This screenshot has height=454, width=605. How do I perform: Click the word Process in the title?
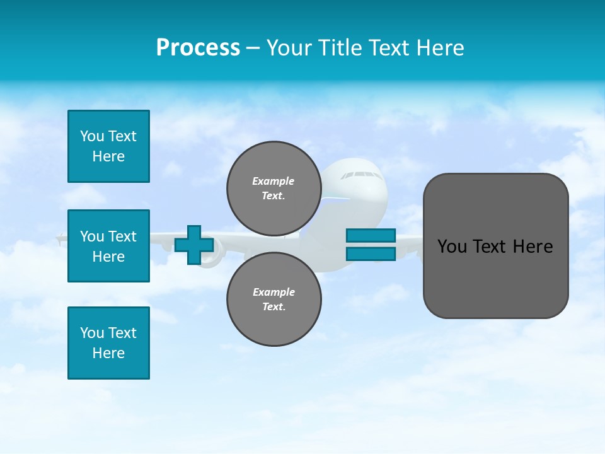198,48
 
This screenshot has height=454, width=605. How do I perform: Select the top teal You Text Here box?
108,146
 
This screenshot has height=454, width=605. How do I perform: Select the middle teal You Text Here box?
108,246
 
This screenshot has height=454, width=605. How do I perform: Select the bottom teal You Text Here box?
108,343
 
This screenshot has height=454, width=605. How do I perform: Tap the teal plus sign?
194,245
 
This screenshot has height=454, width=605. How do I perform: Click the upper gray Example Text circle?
274,188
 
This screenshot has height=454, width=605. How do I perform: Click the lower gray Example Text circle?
274,299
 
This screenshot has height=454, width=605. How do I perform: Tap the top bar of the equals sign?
371,235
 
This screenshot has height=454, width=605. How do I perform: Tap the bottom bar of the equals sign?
371,253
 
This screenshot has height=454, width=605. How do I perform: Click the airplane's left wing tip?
60,239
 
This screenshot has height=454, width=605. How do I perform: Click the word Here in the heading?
439,48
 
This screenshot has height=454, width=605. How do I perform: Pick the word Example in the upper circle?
274,181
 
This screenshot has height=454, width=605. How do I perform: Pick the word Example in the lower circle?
274,292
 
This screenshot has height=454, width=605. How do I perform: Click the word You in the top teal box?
91,136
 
